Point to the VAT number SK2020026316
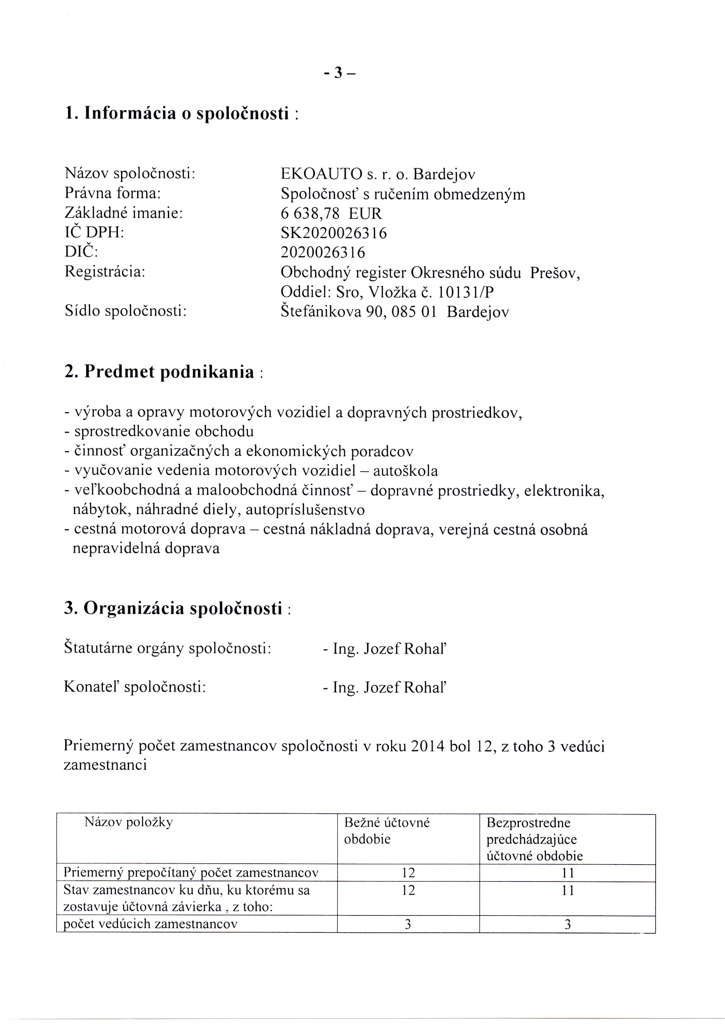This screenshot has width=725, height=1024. pos(334,233)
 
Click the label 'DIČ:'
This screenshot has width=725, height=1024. pos(81,252)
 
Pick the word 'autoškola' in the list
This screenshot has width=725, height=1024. pos(405,471)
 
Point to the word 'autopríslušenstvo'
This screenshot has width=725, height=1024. pos(305,510)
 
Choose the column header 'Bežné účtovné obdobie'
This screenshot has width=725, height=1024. pos(386,831)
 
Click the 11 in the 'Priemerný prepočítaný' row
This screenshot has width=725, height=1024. pos(567,873)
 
